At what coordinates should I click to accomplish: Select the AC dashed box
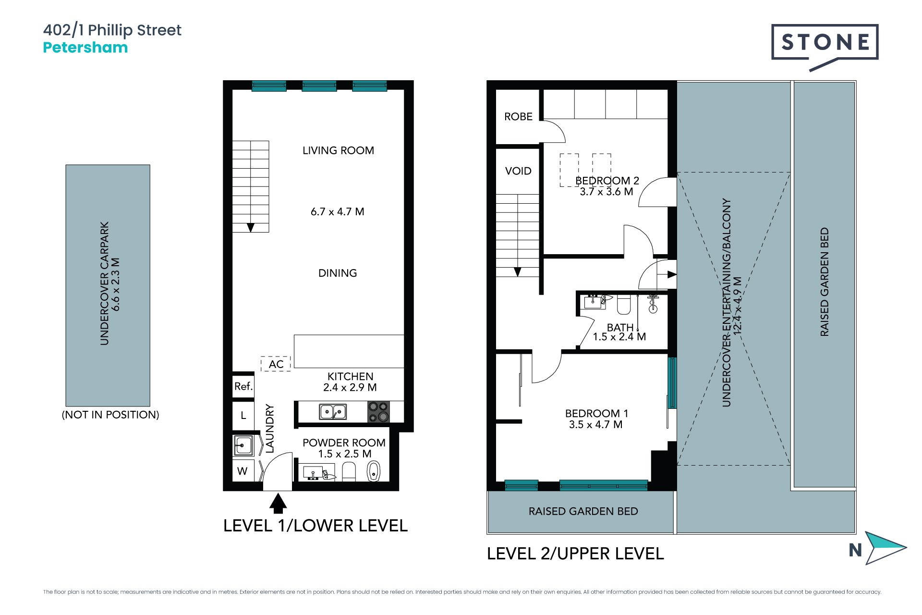[x=276, y=364]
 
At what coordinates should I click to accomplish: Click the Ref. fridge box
[x=243, y=386]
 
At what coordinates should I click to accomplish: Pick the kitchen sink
[x=333, y=412]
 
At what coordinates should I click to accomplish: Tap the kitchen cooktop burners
[x=378, y=412]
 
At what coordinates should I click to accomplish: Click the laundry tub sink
[x=243, y=445]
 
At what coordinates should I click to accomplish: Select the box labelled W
[x=243, y=471]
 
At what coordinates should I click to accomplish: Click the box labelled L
[x=243, y=416]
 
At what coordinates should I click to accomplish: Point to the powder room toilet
[x=349, y=472]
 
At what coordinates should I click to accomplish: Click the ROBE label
[x=518, y=117]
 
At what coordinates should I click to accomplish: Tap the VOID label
[x=518, y=171]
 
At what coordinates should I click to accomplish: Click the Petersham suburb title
[x=85, y=48]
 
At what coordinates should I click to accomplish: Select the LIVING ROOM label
[x=338, y=150]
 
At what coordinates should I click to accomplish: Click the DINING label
[x=338, y=273]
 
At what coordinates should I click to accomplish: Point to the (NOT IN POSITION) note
[x=110, y=415]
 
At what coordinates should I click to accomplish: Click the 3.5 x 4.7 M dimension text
[x=595, y=425]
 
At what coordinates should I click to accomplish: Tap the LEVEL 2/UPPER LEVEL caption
[x=575, y=553]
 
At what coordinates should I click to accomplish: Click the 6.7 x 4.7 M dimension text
[x=338, y=212]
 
